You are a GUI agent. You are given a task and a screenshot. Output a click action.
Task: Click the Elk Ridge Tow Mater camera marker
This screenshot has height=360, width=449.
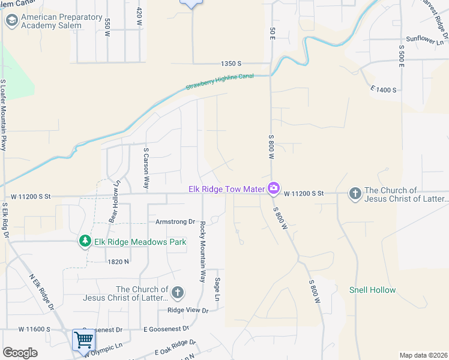coord(274,189)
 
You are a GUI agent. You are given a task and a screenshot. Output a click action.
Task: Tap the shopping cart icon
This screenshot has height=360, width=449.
coord(83,340)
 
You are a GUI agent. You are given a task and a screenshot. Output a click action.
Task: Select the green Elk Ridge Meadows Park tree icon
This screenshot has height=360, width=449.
coord(85,241)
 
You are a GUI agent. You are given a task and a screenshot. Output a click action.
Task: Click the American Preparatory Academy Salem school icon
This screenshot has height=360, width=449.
coord(11,21)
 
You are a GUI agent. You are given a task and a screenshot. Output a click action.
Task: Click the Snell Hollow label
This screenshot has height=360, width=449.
coord(372,290)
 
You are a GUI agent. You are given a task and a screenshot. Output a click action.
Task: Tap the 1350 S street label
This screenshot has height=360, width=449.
coord(231,63)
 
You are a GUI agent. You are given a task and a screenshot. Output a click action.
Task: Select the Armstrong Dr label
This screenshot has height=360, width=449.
coord(176,221)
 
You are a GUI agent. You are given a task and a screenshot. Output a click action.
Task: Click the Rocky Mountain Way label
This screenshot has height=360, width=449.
coord(202,252)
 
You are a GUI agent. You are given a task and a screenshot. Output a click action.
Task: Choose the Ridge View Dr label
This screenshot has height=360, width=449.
coord(187,310)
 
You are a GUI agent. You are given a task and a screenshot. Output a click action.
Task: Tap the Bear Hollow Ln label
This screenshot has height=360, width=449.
coord(115,202)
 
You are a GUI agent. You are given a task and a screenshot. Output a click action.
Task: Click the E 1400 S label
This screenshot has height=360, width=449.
coord(384,89)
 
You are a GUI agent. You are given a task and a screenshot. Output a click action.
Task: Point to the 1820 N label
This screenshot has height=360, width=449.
coord(118,262)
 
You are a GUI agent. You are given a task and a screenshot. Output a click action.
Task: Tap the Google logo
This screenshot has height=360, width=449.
coord(20,353)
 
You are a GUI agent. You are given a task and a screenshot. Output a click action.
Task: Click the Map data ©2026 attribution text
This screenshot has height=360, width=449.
coord(423,355)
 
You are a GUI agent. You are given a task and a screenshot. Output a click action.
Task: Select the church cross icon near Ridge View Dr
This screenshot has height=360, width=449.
coord(177,293)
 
